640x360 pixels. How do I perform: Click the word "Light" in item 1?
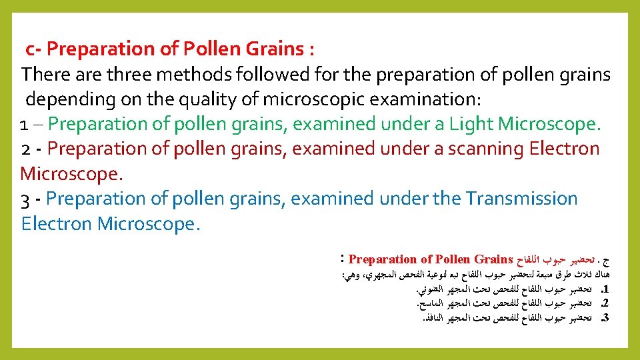(471, 123)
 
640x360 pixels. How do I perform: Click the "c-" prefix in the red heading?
(34, 49)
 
